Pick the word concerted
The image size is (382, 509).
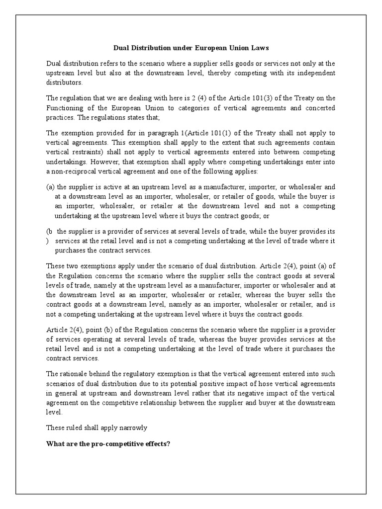click(x=318, y=108)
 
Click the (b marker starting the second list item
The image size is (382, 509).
click(x=49, y=232)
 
